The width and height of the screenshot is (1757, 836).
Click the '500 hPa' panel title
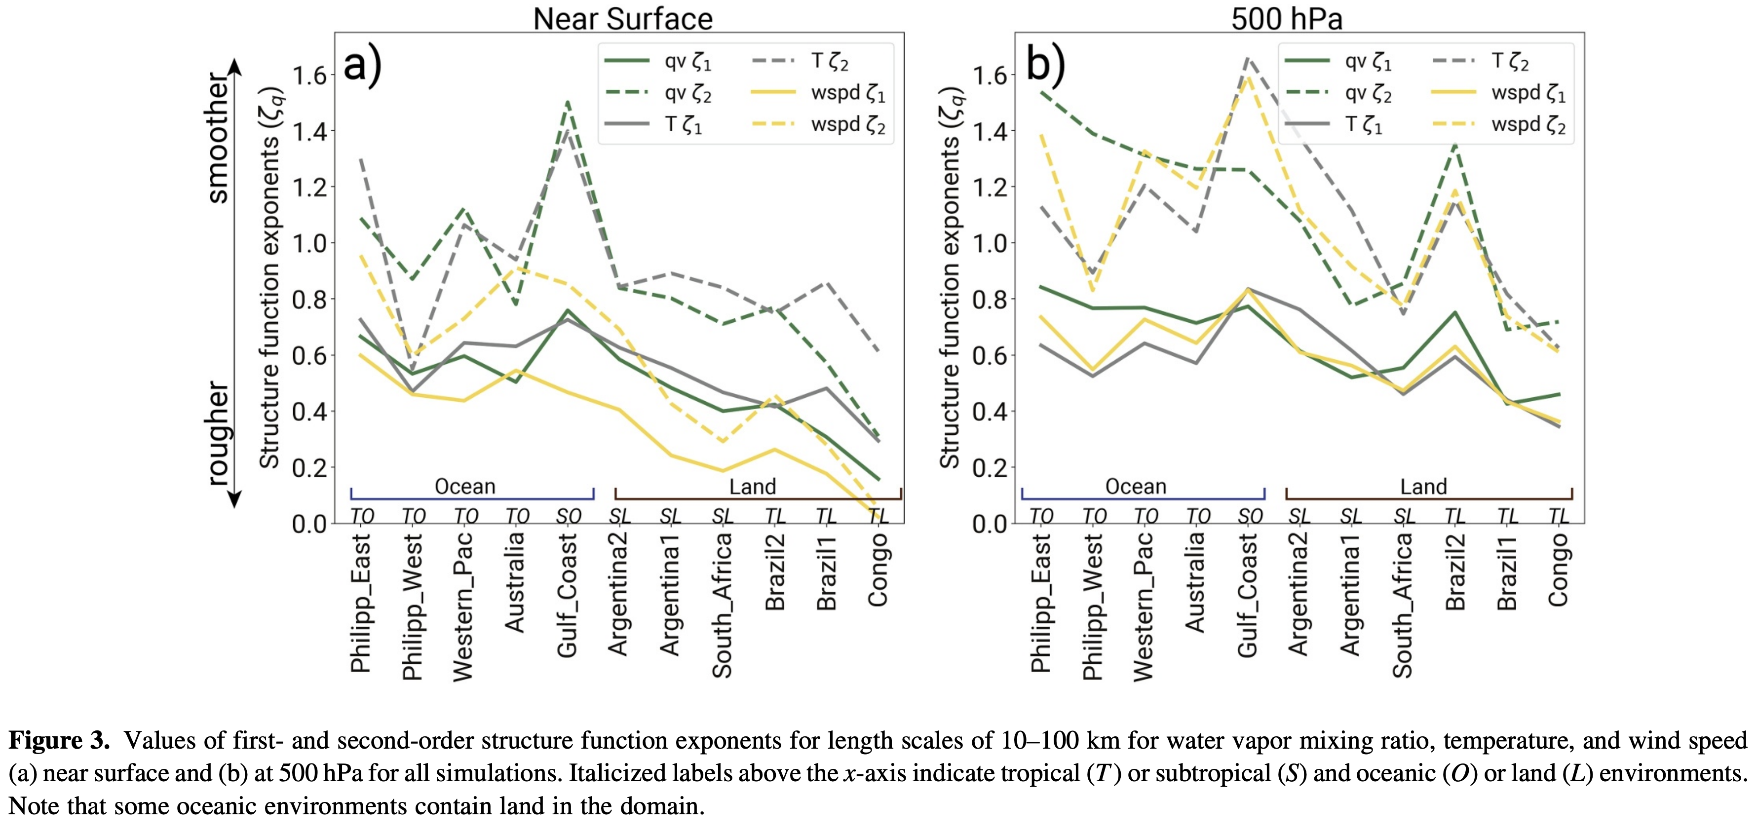[1286, 18]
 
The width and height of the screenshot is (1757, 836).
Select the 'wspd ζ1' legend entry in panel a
[818, 93]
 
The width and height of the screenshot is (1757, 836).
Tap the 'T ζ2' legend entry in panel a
[802, 61]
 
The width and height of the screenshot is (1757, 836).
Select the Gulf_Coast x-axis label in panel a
[568, 595]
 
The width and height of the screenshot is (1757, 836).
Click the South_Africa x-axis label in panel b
[1402, 606]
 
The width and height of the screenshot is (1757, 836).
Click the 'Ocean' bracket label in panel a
[465, 486]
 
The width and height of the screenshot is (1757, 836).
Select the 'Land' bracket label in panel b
[1423, 486]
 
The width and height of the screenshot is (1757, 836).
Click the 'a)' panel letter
[362, 66]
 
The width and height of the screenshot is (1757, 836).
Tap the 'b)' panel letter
[1045, 66]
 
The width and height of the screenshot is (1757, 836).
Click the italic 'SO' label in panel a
[568, 516]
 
